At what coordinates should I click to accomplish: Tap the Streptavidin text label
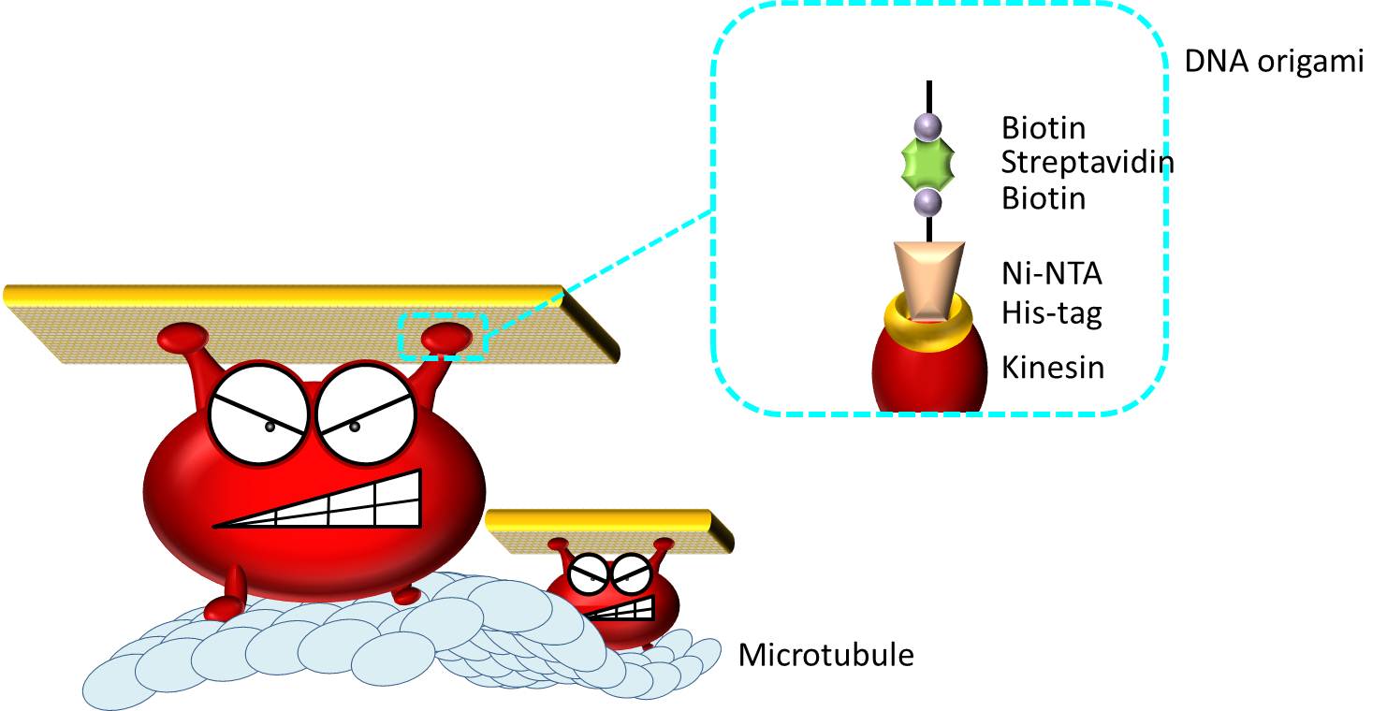click(x=1088, y=163)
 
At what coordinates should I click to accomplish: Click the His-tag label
click(x=1051, y=312)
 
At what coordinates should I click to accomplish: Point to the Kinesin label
click(x=1053, y=368)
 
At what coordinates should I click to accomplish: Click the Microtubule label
click(x=825, y=655)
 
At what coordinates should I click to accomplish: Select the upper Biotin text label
click(x=1044, y=126)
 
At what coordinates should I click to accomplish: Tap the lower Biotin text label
click(x=1044, y=198)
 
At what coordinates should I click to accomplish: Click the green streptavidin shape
click(x=927, y=163)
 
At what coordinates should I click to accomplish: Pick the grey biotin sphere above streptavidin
click(x=927, y=125)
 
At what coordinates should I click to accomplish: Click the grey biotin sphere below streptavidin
click(x=927, y=200)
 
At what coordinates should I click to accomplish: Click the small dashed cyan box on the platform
click(x=443, y=336)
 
